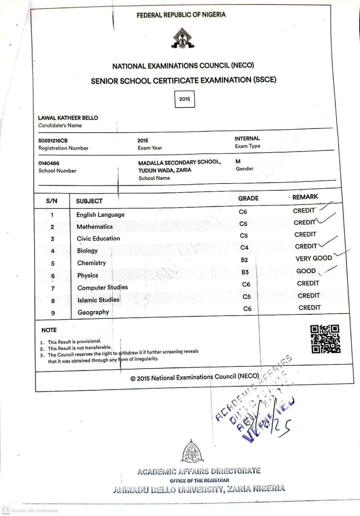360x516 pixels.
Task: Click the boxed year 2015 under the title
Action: (x=185, y=99)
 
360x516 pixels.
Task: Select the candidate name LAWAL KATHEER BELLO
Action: (x=68, y=118)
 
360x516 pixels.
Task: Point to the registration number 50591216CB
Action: (x=53, y=141)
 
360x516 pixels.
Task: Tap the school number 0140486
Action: (x=49, y=163)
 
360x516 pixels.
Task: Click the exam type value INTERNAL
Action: (x=247, y=138)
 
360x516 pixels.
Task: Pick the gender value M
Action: (x=238, y=161)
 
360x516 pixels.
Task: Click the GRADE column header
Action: (x=248, y=198)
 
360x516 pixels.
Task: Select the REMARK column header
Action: (x=305, y=197)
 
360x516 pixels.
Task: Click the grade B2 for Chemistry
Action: (x=245, y=260)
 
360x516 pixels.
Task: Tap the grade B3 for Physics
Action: (x=245, y=272)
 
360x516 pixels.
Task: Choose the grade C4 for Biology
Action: (x=245, y=248)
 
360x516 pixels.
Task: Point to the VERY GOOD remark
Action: (x=314, y=258)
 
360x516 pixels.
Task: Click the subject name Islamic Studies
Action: (x=98, y=300)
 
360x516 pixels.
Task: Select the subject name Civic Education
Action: (x=98, y=239)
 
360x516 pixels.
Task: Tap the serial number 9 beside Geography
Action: (x=53, y=313)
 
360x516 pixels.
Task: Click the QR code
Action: (x=325, y=339)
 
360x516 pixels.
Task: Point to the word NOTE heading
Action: (x=49, y=330)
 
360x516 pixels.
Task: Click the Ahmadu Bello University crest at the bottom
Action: (x=193, y=451)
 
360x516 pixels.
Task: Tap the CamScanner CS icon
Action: (x=6, y=510)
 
